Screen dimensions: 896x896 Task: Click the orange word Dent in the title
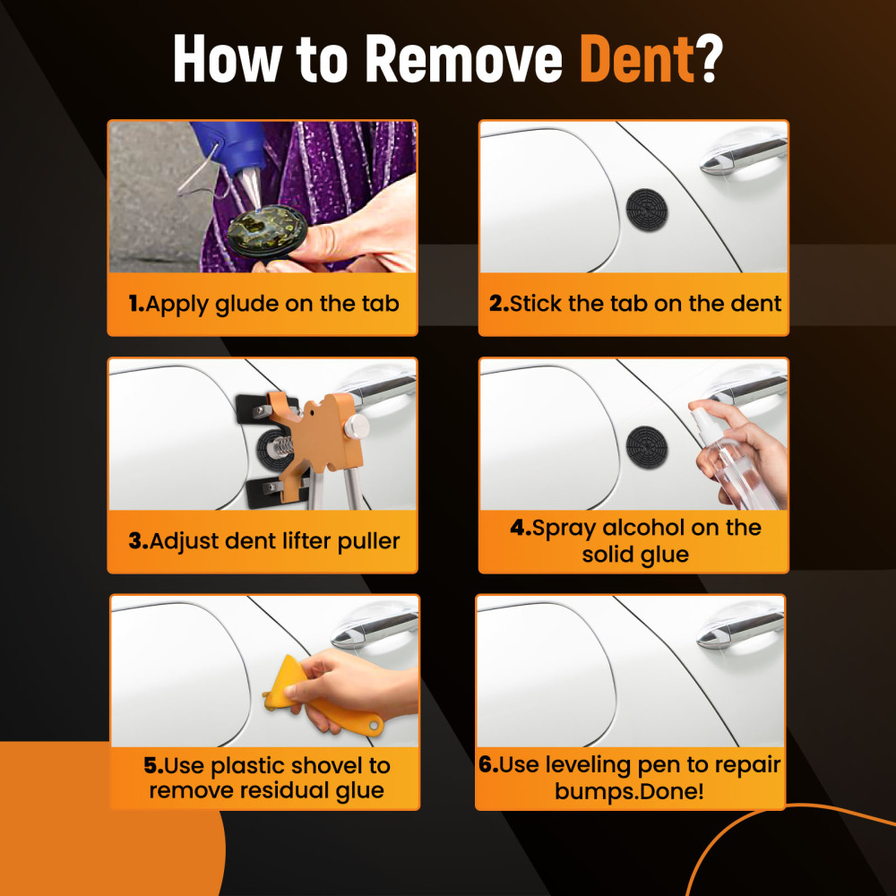(x=636, y=60)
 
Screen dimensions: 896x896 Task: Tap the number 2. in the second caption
(x=499, y=304)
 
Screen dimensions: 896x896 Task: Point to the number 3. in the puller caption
(x=137, y=541)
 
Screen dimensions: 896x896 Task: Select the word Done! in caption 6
(x=672, y=791)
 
